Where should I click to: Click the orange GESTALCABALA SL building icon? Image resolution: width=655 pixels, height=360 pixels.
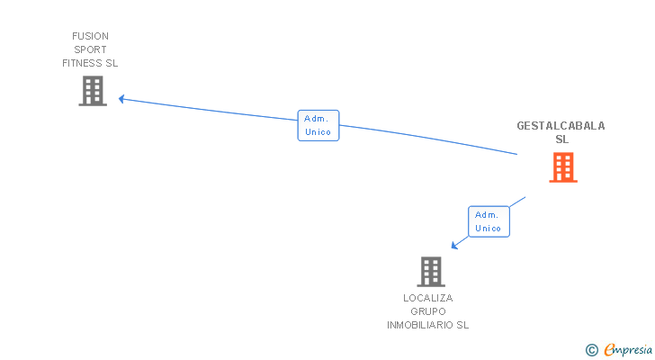coord(562,167)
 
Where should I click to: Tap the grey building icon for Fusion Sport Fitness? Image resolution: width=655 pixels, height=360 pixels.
coord(93,91)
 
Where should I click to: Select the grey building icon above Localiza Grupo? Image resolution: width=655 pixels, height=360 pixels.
coord(431,271)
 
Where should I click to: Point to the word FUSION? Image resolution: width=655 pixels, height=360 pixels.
coord(90,36)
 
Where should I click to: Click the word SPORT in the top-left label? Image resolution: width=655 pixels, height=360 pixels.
coord(90,49)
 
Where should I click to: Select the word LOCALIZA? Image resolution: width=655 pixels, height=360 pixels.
coord(428,298)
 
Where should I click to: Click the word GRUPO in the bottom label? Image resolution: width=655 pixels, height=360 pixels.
coord(428,311)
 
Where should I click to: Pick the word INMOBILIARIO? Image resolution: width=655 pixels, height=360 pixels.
coord(420,325)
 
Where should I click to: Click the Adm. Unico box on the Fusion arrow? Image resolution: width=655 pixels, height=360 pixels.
coord(318,125)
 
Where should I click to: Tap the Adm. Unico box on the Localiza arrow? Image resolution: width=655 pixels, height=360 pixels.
coord(489,221)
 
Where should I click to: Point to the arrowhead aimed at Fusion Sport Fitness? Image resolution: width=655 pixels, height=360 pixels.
coord(122,99)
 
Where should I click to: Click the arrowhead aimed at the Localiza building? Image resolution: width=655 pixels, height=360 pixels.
coord(454,245)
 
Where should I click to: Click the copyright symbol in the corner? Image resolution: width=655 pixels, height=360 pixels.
coord(591,350)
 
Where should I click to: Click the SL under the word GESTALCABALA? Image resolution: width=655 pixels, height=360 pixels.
coord(561,139)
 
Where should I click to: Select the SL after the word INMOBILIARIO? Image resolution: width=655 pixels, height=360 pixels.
coord(462,325)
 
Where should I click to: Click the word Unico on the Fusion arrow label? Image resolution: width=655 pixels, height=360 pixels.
coord(318,132)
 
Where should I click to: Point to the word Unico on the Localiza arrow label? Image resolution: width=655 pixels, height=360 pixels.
coord(489,229)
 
